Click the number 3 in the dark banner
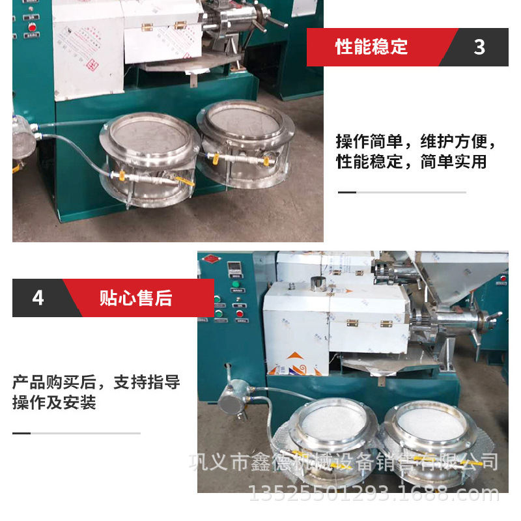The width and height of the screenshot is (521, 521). [479, 47]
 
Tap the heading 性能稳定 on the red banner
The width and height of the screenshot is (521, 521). [371, 47]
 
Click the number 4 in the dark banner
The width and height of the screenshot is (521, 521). [38, 298]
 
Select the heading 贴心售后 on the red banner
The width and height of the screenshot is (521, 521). [135, 298]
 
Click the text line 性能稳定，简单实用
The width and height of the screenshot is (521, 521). [411, 162]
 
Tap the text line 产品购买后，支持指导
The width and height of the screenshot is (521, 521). [96, 382]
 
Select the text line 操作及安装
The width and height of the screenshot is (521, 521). [54, 402]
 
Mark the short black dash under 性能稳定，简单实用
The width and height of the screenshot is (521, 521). [347, 192]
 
